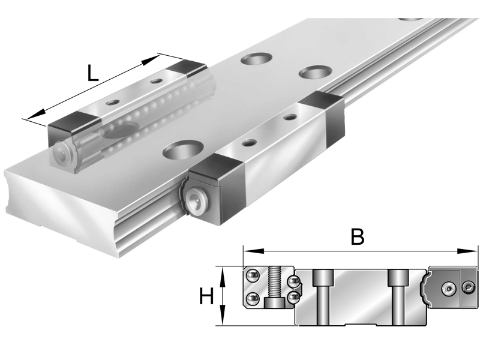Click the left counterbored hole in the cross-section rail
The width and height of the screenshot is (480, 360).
point(323,294)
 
